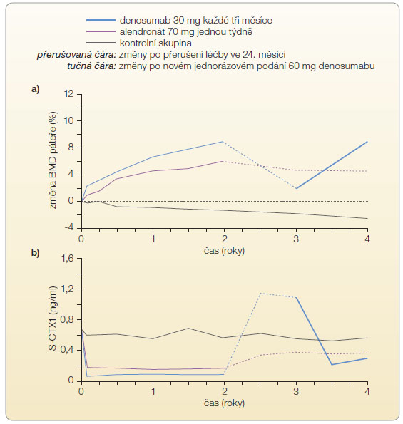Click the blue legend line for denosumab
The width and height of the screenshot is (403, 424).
click(x=101, y=20)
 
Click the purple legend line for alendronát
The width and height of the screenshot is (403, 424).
click(x=101, y=31)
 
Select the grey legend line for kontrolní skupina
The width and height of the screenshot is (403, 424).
click(x=101, y=43)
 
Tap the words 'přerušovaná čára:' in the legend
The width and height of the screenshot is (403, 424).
click(x=76, y=55)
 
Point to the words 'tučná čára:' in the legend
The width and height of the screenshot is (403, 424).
click(x=92, y=66)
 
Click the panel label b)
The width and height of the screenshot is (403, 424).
click(x=36, y=253)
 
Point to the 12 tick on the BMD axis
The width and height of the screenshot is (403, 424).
click(x=69, y=94)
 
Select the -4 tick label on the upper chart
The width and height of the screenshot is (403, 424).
click(x=68, y=227)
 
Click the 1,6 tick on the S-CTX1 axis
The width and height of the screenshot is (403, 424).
click(x=68, y=258)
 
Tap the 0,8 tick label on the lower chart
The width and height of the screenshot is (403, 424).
click(x=67, y=320)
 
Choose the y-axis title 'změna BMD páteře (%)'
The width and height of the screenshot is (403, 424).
click(x=53, y=160)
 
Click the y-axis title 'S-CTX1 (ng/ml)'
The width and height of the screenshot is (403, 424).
click(x=53, y=318)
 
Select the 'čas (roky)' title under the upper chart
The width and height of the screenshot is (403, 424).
click(x=224, y=251)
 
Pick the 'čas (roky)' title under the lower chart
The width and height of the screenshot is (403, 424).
click(x=224, y=403)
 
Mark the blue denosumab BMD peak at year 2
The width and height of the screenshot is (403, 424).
click(x=223, y=141)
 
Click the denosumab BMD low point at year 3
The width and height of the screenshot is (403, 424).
click(x=296, y=188)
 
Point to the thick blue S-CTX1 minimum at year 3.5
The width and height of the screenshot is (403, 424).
click(x=332, y=365)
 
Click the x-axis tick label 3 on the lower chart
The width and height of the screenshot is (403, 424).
click(x=296, y=391)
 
